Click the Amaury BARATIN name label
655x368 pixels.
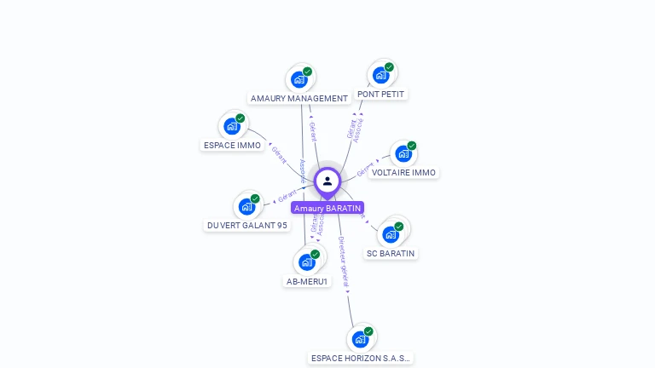pos(327,208)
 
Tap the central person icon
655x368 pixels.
pos(327,181)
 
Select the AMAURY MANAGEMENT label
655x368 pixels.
pos(299,98)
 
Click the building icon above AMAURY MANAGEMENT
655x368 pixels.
pos(299,79)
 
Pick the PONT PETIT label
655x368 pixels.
pos(381,94)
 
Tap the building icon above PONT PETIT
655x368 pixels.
pos(381,74)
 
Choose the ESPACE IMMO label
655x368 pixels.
pos(232,145)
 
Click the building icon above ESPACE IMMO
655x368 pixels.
pos(232,126)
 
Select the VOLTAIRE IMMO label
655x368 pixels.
pos(403,172)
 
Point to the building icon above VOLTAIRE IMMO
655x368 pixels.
pos(403,154)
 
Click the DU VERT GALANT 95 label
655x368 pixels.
pos(247,225)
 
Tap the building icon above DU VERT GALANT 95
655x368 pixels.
pos(247,206)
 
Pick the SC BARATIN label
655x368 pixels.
pos(391,253)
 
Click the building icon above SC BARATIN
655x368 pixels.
pos(391,234)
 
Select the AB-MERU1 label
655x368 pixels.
pos(307,281)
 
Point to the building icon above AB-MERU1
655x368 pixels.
pos(307,262)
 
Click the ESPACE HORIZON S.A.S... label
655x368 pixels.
pos(361,358)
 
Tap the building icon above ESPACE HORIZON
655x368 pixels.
pos(361,339)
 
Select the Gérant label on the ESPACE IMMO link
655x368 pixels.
pos(279,154)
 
